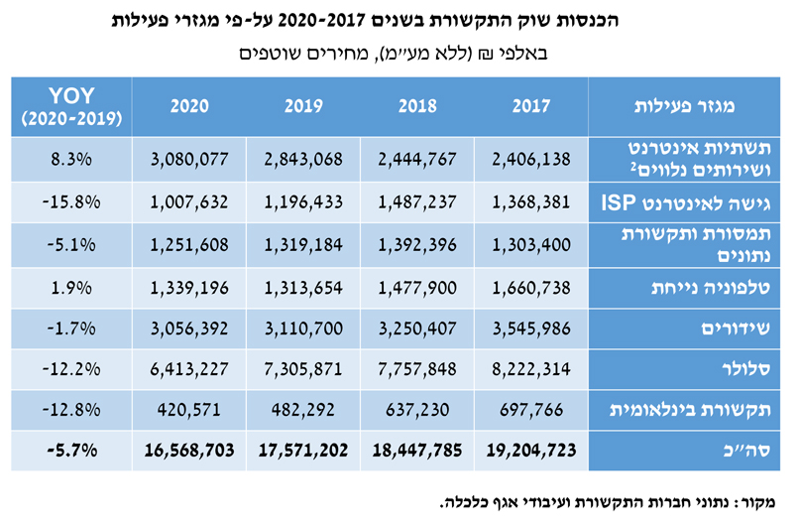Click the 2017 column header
(x=531, y=106)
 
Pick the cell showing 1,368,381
(x=531, y=202)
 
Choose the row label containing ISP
(x=689, y=202)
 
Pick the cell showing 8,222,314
(x=531, y=368)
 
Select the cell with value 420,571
(x=188, y=409)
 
